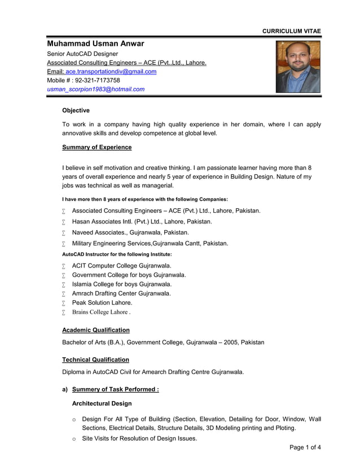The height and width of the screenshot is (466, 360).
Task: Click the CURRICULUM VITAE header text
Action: (x=291, y=31)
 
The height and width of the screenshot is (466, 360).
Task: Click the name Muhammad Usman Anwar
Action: (x=95, y=43)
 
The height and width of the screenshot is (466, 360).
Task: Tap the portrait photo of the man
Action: (x=297, y=67)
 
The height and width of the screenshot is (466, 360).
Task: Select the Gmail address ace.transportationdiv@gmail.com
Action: (x=111, y=72)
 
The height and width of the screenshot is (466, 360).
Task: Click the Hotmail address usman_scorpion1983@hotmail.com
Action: (x=95, y=89)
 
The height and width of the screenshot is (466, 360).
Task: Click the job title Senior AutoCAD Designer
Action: (x=82, y=54)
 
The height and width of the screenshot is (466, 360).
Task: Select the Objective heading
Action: (x=76, y=111)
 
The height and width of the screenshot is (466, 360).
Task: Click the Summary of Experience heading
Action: (x=96, y=147)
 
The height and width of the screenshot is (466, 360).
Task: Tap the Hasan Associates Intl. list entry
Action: (x=142, y=222)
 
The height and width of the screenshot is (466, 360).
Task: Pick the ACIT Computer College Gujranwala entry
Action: (x=121, y=266)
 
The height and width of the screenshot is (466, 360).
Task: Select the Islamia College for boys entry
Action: (x=121, y=284)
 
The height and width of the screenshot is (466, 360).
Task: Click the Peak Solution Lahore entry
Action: (x=102, y=303)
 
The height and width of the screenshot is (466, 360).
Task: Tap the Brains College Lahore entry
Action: (x=101, y=312)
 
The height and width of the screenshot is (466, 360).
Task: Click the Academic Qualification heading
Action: (x=95, y=330)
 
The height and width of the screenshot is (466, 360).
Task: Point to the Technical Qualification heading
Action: (x=95, y=359)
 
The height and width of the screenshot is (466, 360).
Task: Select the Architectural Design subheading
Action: (x=102, y=403)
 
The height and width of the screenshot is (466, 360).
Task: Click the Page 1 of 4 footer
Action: (x=305, y=448)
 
